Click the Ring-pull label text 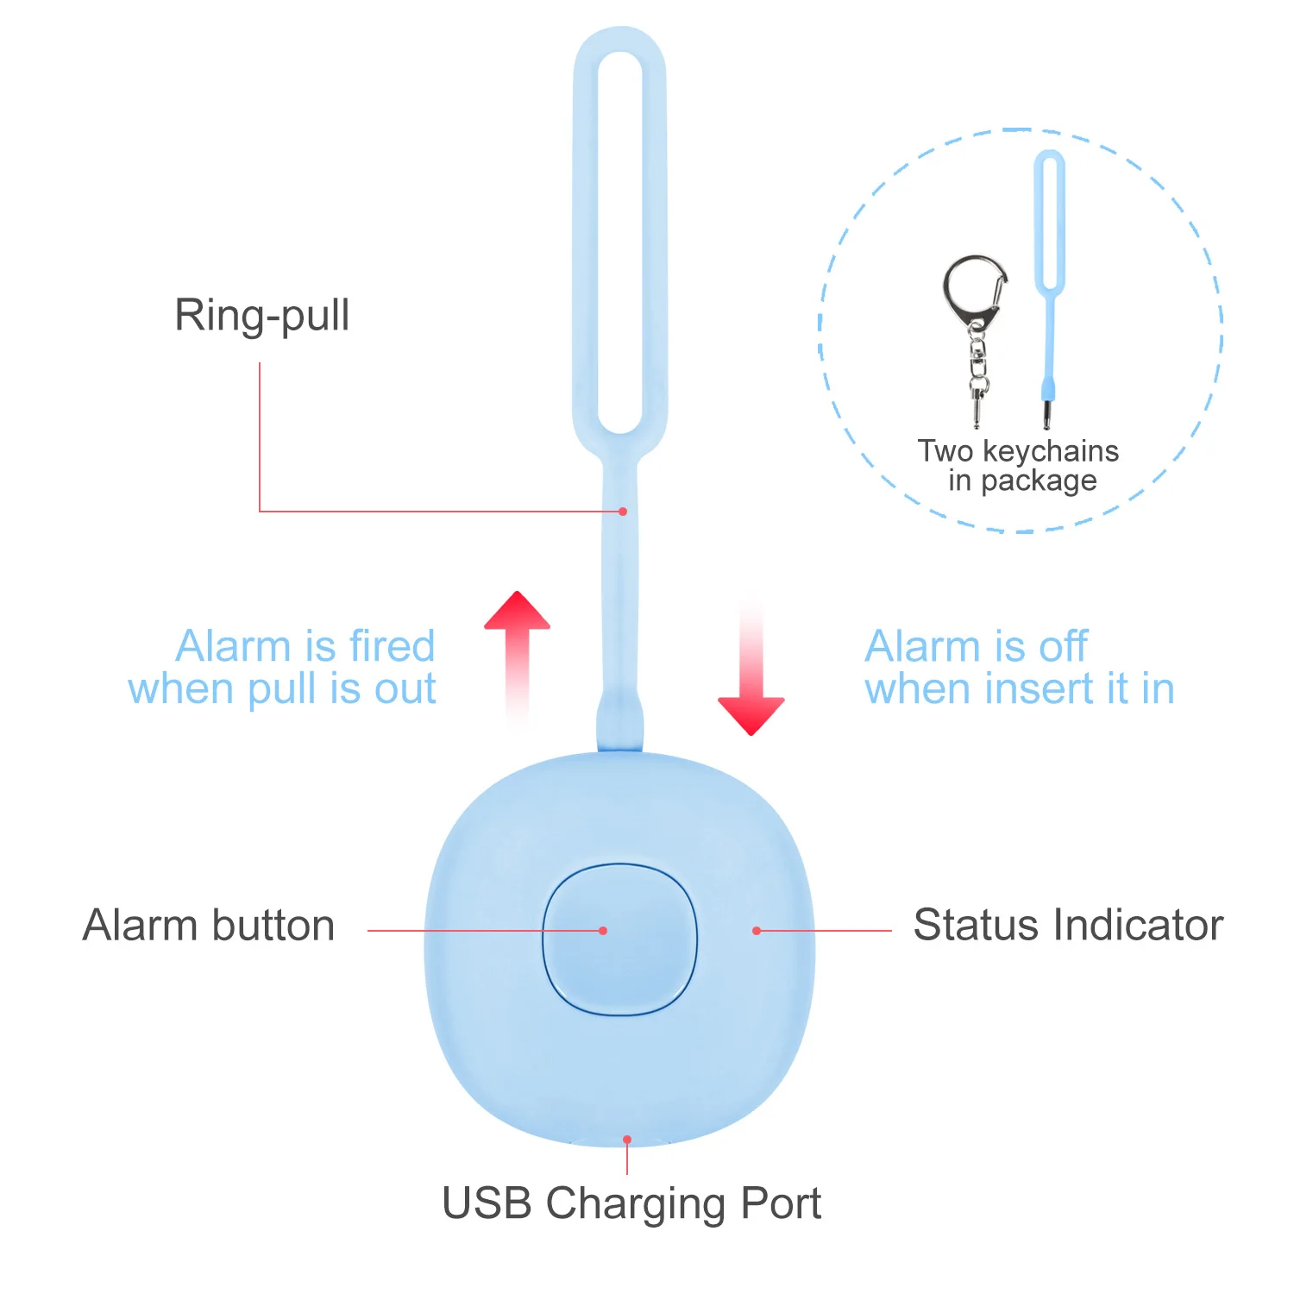click(x=262, y=316)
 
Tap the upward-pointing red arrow click(x=517, y=638)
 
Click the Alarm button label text click(x=209, y=926)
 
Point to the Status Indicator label click(x=1068, y=926)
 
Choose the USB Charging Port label click(x=631, y=1203)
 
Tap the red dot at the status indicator click(x=757, y=931)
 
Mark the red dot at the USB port click(x=627, y=1140)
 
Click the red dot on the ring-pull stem click(x=623, y=512)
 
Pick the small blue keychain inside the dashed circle click(x=1049, y=285)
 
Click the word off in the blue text click(x=1063, y=646)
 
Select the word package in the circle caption click(x=1039, y=481)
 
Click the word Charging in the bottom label click(x=637, y=1203)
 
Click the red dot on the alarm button click(x=603, y=931)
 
